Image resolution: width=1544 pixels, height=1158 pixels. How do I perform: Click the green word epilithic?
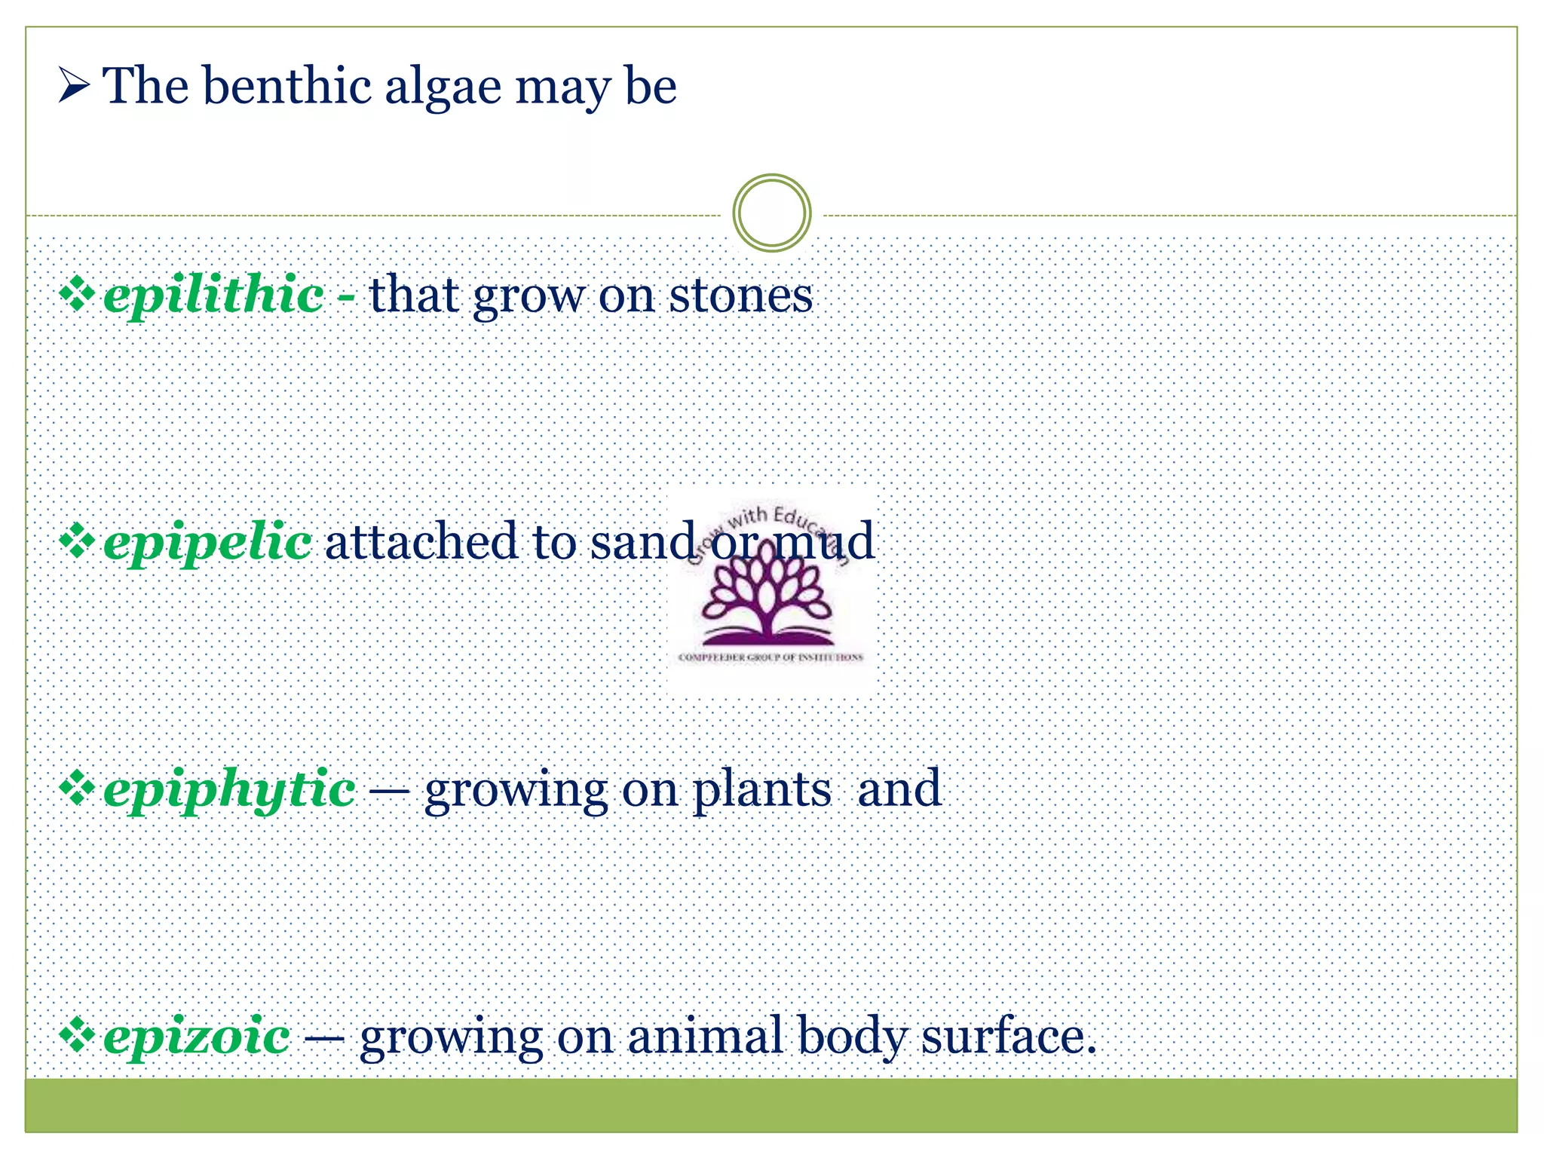click(213, 296)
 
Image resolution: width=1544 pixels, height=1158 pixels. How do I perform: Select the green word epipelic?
click(207, 542)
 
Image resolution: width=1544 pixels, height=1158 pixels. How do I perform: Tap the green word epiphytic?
click(229, 790)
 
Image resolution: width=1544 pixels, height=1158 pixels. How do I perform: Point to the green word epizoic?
click(197, 1037)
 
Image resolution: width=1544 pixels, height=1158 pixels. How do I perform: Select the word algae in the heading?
click(443, 87)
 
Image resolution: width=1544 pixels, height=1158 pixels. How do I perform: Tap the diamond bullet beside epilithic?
click(77, 294)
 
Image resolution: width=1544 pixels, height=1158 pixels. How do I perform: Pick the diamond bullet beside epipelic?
click(77, 541)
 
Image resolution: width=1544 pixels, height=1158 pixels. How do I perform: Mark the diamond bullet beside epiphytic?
click(77, 789)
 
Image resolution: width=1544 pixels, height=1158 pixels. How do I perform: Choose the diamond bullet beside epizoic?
click(77, 1035)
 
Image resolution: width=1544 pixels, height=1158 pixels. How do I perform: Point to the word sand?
click(643, 541)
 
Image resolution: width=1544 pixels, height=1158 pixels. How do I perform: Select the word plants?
click(761, 790)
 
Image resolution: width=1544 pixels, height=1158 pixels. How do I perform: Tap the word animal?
click(704, 1036)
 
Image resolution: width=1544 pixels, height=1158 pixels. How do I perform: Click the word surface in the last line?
click(1008, 1036)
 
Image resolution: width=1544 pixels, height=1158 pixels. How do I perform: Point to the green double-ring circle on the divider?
click(771, 213)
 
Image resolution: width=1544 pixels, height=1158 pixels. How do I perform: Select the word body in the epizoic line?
click(852, 1037)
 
